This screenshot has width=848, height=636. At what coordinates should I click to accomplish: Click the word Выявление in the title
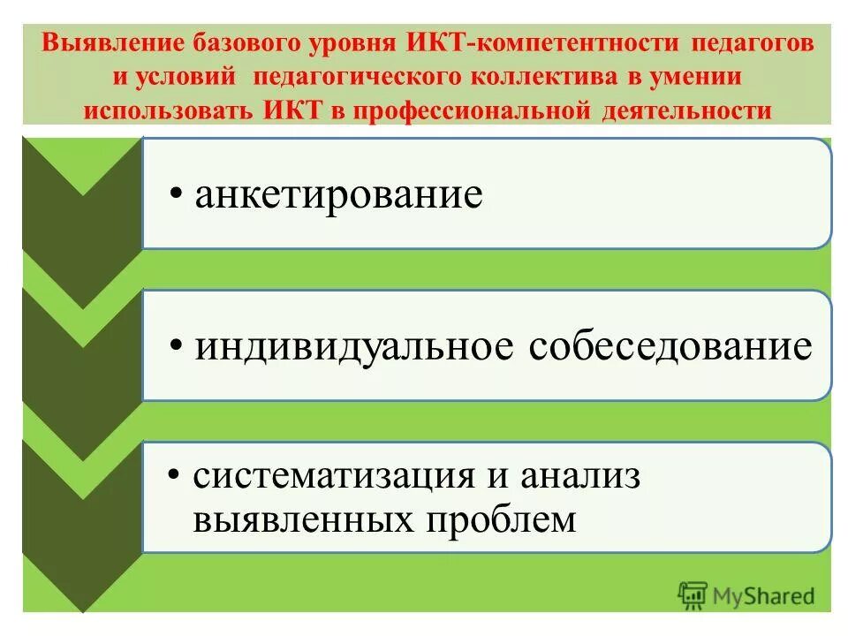coord(105,44)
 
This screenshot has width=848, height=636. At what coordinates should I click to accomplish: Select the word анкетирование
coord(339,194)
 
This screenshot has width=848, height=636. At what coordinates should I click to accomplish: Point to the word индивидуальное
coord(355,346)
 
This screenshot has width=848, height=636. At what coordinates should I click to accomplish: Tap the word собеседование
coord(670,346)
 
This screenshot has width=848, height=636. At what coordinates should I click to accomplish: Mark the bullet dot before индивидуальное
coord(178,347)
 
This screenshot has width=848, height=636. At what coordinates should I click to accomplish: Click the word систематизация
coord(334,477)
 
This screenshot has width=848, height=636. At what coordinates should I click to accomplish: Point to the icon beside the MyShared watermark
coord(693,594)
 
